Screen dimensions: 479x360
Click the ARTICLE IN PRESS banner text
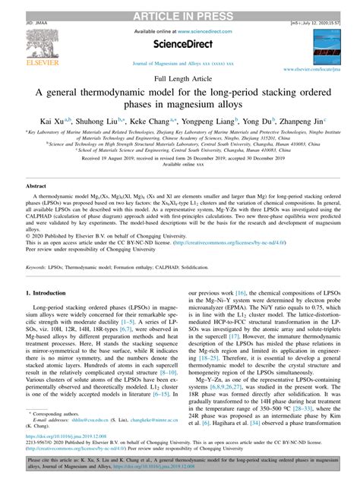click(180, 7)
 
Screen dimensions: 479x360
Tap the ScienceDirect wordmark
click(182, 43)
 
